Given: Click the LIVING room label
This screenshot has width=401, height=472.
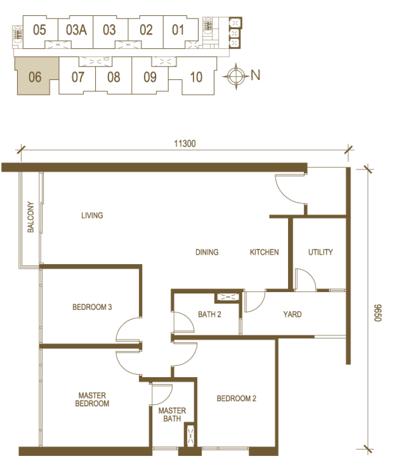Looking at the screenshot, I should [x=92, y=215].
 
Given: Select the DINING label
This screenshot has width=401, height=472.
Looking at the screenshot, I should [x=207, y=252].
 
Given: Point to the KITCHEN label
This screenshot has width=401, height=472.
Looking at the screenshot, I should [x=264, y=252].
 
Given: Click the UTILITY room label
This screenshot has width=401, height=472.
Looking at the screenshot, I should [x=320, y=252].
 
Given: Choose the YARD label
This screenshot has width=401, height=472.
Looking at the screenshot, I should [x=292, y=315].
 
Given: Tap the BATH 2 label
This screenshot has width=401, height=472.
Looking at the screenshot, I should [x=209, y=315].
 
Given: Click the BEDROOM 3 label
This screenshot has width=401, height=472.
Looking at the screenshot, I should [x=92, y=307].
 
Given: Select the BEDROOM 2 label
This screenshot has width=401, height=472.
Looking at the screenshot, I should [x=236, y=398].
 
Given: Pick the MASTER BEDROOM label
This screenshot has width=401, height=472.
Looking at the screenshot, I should [x=92, y=399].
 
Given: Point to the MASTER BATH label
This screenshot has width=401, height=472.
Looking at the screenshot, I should [x=172, y=414].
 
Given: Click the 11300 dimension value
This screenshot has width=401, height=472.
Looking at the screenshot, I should [x=185, y=144].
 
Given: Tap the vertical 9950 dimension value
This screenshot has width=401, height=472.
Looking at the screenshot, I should [x=379, y=312].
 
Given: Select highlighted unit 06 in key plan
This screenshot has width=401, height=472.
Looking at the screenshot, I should [x=35, y=77].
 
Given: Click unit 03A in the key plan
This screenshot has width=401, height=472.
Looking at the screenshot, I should [x=76, y=30].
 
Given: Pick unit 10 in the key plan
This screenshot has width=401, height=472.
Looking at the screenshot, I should [x=196, y=77].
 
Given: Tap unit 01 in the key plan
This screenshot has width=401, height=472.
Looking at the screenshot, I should [x=178, y=30].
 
